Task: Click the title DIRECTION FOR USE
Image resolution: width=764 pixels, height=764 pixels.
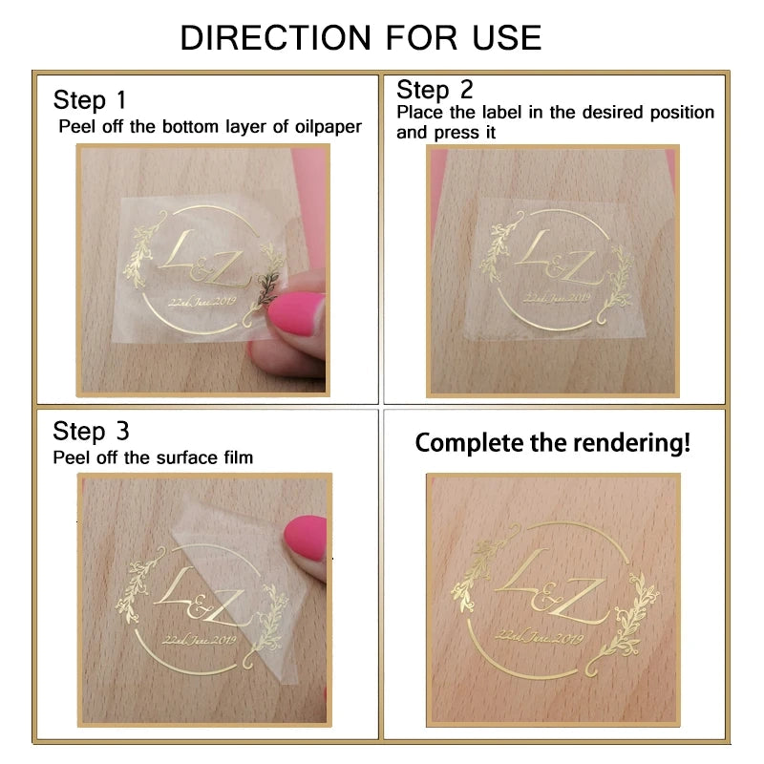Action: pyautogui.click(x=361, y=37)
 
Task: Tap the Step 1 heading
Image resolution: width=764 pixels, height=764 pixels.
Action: pyautogui.click(x=90, y=99)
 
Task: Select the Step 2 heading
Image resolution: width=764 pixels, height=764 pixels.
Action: pyautogui.click(x=435, y=90)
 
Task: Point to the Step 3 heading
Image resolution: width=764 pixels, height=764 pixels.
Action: pyautogui.click(x=91, y=431)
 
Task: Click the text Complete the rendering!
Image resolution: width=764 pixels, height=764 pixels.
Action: pyautogui.click(x=552, y=443)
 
